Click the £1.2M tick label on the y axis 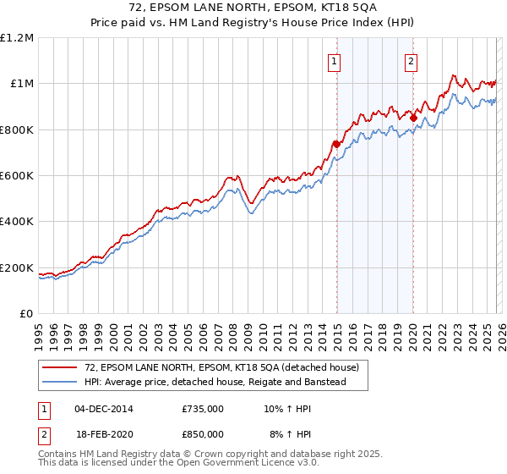coord(17,38)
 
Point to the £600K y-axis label coord(17,176)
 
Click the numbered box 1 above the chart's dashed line coord(335,61)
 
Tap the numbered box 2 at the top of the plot coord(411,61)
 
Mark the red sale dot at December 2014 coord(336,144)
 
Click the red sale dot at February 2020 coord(413,118)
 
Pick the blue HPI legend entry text coord(226,383)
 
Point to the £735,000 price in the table coord(203,409)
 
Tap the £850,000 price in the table coord(203,433)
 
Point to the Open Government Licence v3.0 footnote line coord(179,463)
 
